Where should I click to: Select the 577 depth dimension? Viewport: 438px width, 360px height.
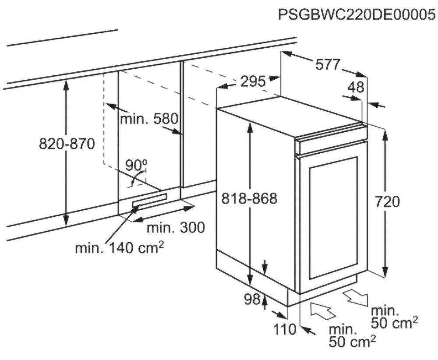(328, 65)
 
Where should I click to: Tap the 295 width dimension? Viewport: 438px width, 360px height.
(253, 81)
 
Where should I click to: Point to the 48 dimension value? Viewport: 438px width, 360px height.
(356, 87)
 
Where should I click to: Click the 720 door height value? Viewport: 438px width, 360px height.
(387, 201)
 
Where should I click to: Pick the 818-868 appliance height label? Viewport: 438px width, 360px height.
(249, 198)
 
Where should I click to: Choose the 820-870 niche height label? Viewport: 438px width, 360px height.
(67, 144)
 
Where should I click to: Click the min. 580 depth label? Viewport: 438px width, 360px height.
(149, 119)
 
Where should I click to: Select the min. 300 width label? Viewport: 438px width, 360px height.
(176, 227)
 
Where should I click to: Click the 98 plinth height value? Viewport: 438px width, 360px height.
(252, 300)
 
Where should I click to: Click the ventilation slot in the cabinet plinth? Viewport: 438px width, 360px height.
(150, 200)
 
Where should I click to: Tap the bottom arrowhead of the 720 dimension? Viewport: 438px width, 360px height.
(385, 272)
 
